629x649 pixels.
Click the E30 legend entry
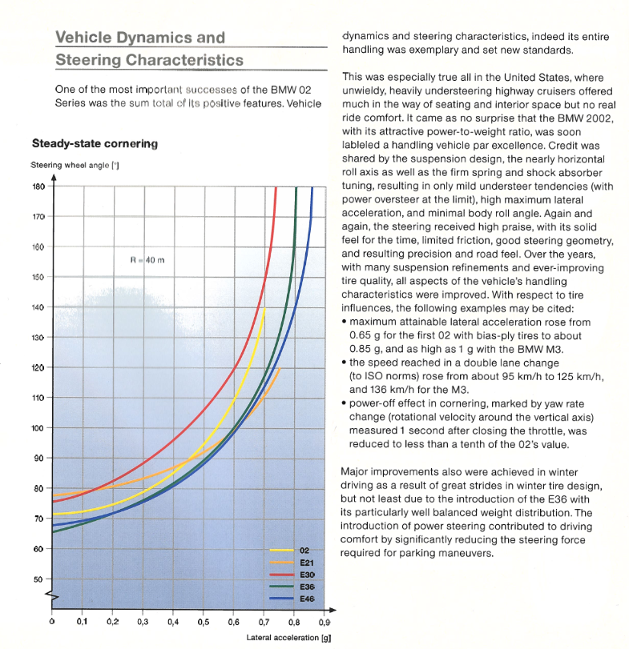click(x=292, y=575)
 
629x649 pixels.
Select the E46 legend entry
click(x=292, y=599)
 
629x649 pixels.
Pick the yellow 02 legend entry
click(x=289, y=551)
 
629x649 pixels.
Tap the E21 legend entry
click(x=292, y=563)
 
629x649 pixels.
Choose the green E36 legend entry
click(x=292, y=587)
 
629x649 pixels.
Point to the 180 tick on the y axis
click(x=38, y=186)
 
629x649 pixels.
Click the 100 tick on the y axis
click(x=38, y=428)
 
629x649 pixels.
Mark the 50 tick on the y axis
click(x=38, y=579)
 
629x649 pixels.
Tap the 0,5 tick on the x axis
click(x=203, y=622)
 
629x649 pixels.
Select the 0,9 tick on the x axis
click(x=325, y=622)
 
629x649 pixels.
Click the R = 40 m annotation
click(x=147, y=260)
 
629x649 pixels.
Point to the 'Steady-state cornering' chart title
click(x=95, y=143)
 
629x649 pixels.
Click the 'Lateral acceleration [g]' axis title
click(x=288, y=638)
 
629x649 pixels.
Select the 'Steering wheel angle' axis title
click(x=75, y=165)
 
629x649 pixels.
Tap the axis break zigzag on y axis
click(x=53, y=596)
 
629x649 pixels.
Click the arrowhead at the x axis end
click(x=333, y=610)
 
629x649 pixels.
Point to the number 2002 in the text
click(x=598, y=118)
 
